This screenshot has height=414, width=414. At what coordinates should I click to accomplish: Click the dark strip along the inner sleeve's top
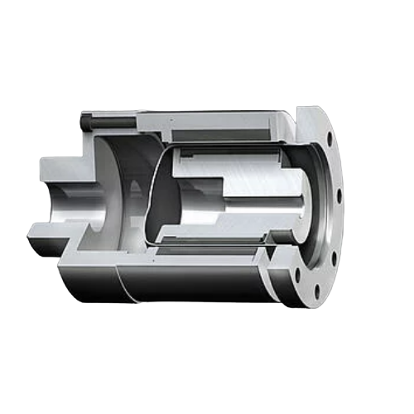(224, 154)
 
